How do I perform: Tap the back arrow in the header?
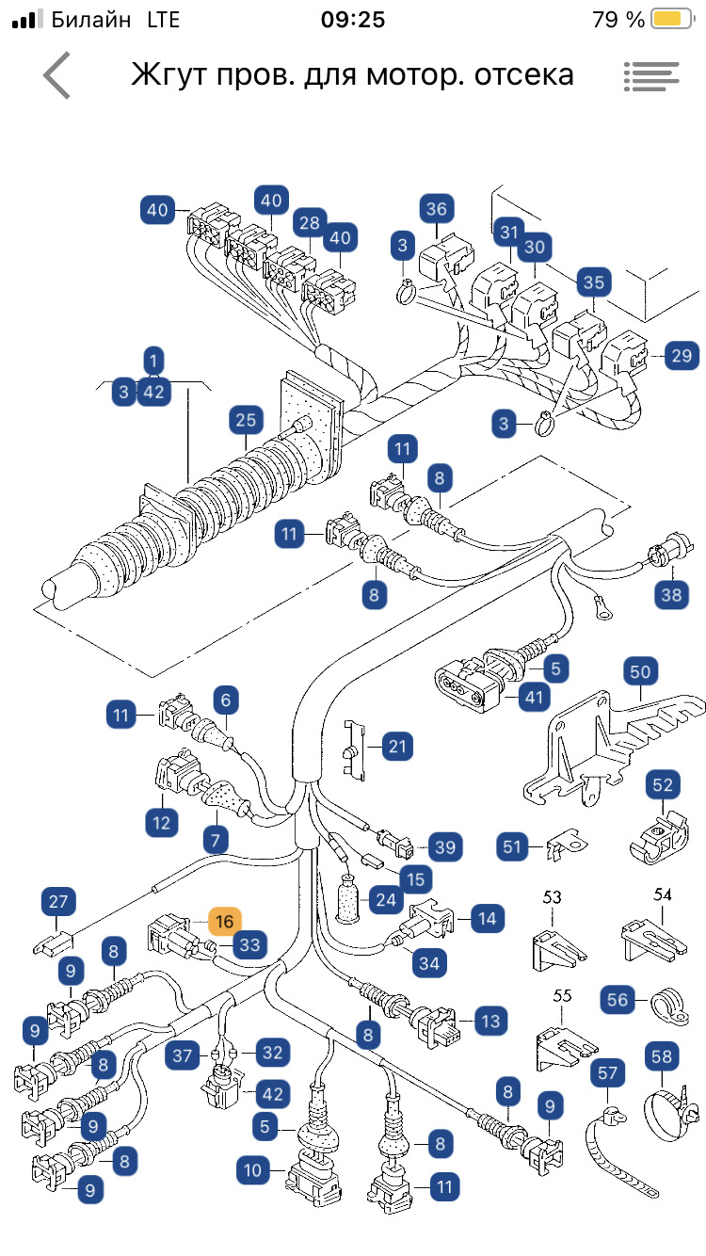click(x=56, y=75)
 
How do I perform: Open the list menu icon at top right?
click(x=650, y=76)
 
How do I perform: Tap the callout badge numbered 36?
click(x=436, y=210)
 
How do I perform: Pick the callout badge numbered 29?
click(x=682, y=356)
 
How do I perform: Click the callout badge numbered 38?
click(x=670, y=593)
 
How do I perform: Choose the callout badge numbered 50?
click(x=640, y=672)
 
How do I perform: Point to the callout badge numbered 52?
click(x=663, y=784)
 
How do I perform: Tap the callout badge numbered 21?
click(x=399, y=748)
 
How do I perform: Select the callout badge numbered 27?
click(x=58, y=902)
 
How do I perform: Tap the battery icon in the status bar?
click(x=669, y=20)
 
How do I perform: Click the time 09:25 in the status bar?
click(x=352, y=20)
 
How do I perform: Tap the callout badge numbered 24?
click(x=384, y=899)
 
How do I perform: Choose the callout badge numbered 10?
click(x=253, y=1171)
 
